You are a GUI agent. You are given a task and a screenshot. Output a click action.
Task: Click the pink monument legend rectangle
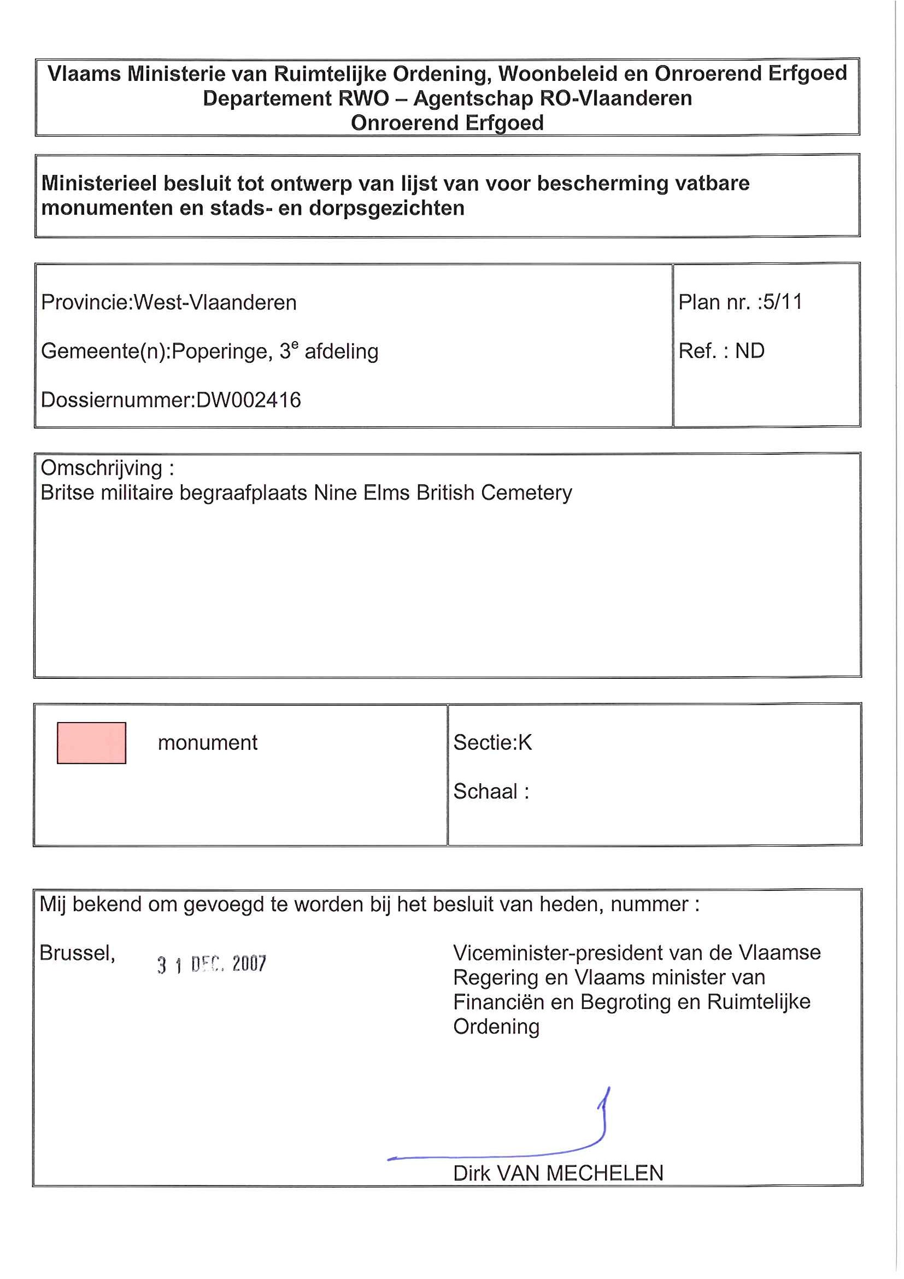(91, 743)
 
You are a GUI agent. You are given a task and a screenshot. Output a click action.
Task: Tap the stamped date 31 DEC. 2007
(212, 964)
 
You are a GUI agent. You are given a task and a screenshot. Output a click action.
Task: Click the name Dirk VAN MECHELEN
(558, 1173)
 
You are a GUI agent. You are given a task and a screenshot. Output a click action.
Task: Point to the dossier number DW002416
(249, 400)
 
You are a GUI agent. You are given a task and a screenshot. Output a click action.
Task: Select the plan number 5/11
(783, 302)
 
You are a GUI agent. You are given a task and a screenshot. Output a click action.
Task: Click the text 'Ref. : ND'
(721, 351)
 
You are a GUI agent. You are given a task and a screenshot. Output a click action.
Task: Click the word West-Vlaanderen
(215, 302)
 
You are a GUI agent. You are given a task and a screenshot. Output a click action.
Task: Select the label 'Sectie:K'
(492, 743)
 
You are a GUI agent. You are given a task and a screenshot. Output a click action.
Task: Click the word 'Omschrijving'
(101, 468)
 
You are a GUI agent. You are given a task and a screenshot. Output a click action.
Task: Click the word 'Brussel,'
(78, 953)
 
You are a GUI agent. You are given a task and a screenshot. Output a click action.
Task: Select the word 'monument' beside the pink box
(208, 743)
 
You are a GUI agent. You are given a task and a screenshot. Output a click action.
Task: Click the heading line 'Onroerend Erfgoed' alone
(447, 122)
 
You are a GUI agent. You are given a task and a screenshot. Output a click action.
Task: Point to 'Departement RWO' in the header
(296, 98)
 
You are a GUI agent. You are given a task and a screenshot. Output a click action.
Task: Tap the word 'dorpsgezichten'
(386, 208)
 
